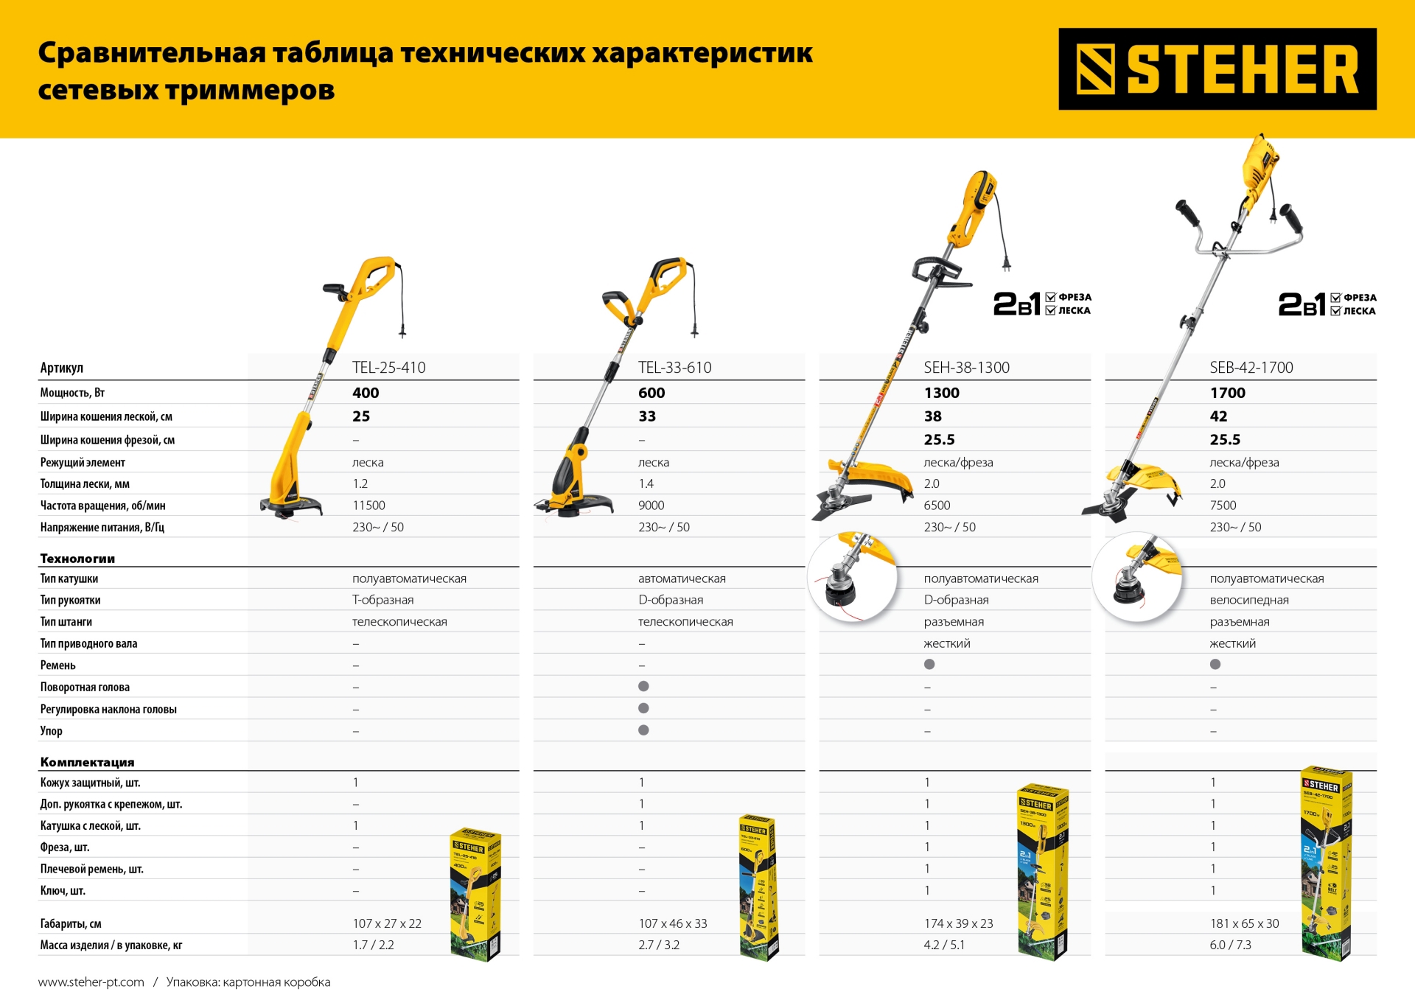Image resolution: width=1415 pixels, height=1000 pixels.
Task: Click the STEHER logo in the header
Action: pos(1217,69)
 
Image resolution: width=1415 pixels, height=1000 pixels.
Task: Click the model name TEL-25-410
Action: pos(388,368)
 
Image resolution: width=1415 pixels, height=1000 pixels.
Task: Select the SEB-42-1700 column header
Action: pos(1251,368)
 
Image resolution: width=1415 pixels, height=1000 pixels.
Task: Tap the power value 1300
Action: pos(941,393)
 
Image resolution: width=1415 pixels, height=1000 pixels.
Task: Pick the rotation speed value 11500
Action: pos(368,506)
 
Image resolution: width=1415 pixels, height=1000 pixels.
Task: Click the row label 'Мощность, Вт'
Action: pos(72,393)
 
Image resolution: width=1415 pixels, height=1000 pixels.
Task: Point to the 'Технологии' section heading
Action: pos(77,559)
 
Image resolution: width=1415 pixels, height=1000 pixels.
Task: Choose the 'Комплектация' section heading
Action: pos(87,762)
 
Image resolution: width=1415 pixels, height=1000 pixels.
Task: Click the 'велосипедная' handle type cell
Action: pos(1248,600)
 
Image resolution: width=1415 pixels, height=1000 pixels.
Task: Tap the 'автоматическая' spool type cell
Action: pos(682,578)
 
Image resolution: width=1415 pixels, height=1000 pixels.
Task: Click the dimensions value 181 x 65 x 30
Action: pos(1244,923)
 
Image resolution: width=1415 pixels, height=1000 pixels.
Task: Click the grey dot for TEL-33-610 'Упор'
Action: pos(643,730)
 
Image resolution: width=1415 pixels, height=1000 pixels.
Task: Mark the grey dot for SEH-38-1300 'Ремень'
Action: pos(929,665)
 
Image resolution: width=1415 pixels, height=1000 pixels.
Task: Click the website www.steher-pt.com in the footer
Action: pos(91,982)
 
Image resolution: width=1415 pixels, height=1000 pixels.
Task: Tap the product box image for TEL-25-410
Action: pos(475,894)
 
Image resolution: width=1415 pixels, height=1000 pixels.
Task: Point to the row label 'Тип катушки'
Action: pos(69,578)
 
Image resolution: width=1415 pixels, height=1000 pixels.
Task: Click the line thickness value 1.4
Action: pos(646,484)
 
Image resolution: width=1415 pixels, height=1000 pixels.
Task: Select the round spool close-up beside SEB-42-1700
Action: pos(1138,577)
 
